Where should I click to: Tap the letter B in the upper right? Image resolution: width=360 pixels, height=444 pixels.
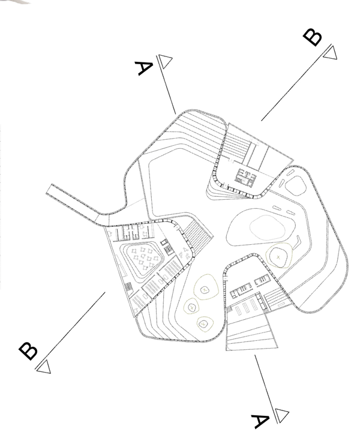pos(313,37)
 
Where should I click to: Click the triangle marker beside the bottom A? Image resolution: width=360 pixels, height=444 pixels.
pos(282,415)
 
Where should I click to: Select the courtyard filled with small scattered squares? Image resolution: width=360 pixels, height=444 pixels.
pos(145,260)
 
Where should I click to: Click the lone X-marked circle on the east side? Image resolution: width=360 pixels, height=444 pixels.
pos(279,256)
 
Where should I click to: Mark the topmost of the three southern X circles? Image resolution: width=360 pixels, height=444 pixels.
pos(205,289)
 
